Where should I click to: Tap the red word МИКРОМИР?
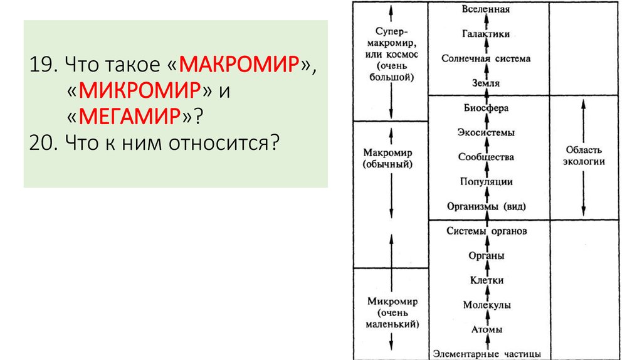[142, 91]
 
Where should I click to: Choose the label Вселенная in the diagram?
[486, 9]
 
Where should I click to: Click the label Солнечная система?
[486, 58]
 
